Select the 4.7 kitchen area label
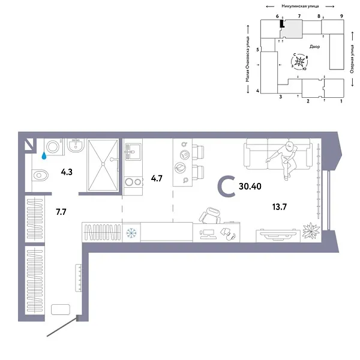click(x=156, y=178)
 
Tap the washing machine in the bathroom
click(x=52, y=146)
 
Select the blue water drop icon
click(x=43, y=155)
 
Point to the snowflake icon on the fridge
click(x=131, y=232)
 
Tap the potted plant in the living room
click(x=311, y=230)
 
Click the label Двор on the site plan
click(x=315, y=46)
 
